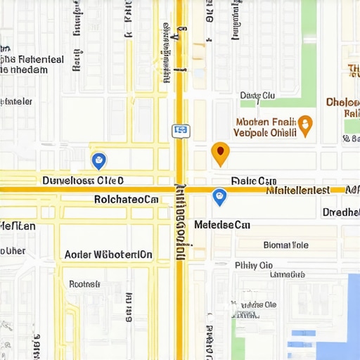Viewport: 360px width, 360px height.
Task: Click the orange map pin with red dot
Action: (x=220, y=153)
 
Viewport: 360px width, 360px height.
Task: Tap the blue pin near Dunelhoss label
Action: (x=99, y=161)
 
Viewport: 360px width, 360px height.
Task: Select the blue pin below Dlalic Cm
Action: (x=219, y=197)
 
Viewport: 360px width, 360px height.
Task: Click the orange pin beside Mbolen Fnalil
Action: (x=305, y=124)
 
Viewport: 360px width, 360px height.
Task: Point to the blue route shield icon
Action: (x=181, y=130)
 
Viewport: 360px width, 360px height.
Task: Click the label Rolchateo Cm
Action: (x=126, y=199)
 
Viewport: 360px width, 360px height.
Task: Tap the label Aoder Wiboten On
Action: (x=108, y=255)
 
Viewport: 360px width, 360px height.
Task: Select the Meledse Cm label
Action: (x=222, y=225)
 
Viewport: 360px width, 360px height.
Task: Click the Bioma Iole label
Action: (x=285, y=245)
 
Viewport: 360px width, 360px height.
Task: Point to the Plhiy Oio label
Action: (x=254, y=265)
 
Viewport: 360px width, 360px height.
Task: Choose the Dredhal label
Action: (x=341, y=212)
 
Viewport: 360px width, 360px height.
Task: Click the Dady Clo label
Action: (x=257, y=95)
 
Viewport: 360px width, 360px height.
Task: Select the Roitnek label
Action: (x=84, y=284)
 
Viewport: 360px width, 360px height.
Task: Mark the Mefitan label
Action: (x=18, y=226)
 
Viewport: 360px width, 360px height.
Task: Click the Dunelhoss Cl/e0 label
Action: (x=82, y=180)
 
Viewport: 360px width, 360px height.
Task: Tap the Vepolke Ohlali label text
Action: (x=264, y=131)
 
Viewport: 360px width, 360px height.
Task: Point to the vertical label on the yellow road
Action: (x=181, y=221)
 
